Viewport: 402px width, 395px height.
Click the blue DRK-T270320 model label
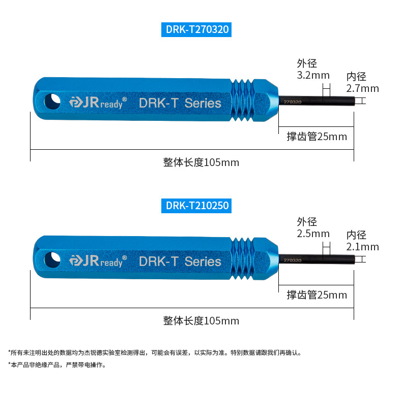pos(197,29)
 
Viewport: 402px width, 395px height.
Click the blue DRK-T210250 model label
pos(197,206)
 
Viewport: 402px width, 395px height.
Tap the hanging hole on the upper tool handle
pos(51,100)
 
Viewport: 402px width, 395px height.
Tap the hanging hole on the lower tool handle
pos(51,259)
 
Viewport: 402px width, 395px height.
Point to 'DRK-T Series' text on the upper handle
pos(180,103)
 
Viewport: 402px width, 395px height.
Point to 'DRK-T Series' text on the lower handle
pos(180,261)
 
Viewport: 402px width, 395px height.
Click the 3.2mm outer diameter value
pos(313,76)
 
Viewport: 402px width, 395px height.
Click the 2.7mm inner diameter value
pos(362,88)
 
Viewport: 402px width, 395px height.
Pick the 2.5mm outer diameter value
pos(313,234)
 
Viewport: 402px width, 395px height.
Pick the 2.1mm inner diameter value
pos(362,247)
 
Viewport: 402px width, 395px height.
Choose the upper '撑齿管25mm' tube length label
pos(317,137)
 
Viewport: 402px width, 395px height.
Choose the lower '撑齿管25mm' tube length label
pos(317,295)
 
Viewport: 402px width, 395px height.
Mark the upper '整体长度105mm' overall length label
pos(201,162)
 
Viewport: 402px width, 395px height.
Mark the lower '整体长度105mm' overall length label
pos(201,321)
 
